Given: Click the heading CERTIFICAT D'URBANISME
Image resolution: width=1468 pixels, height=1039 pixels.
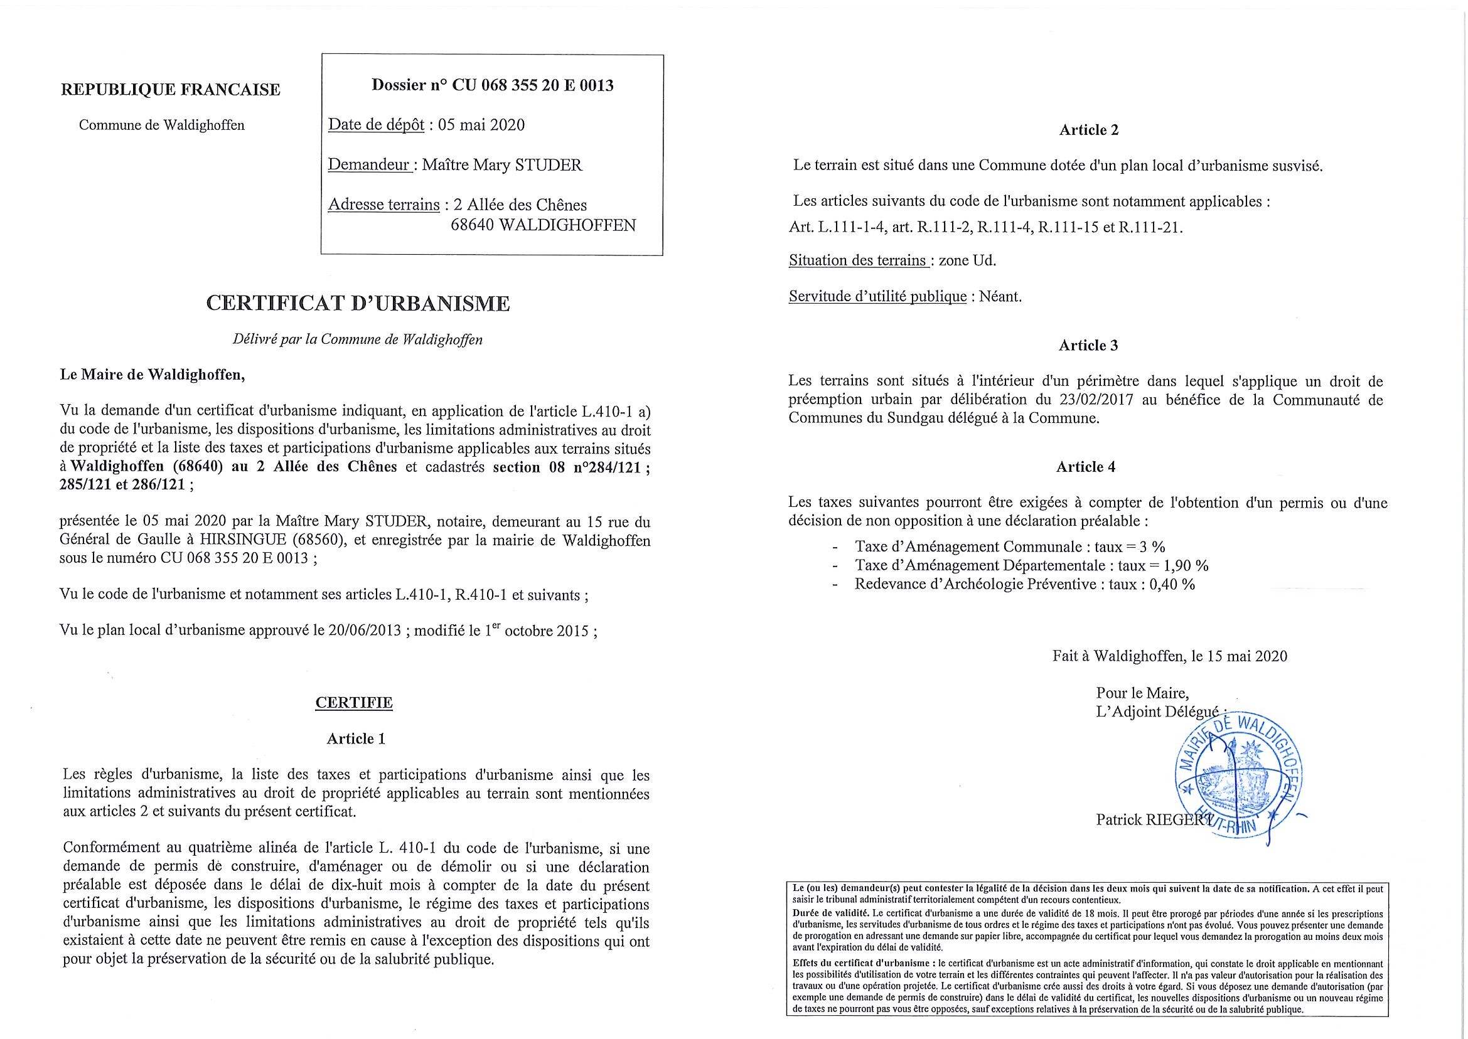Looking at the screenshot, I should [358, 303].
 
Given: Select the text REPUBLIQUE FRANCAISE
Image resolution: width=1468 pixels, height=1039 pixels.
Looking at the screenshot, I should [170, 90].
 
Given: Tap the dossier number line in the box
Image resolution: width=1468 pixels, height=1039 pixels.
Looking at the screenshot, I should [492, 85].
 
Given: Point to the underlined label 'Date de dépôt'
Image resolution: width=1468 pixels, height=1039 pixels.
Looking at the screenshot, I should [376, 125].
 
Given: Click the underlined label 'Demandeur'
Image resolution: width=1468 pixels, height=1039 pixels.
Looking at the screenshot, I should [368, 165].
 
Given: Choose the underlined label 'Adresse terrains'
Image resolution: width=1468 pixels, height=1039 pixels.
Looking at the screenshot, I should [383, 205].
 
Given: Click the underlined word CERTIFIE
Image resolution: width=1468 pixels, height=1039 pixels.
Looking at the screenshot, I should [354, 703].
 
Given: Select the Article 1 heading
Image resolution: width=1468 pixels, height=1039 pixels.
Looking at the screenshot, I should [356, 739].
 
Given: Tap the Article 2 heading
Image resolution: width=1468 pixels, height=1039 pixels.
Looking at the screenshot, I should [1088, 130].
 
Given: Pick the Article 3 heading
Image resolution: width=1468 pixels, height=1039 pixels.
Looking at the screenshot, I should [1088, 346].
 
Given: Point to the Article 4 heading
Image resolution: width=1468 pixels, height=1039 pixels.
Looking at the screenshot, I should [1085, 467].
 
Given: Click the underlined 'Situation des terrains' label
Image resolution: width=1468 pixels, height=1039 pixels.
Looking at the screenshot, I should [858, 260].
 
